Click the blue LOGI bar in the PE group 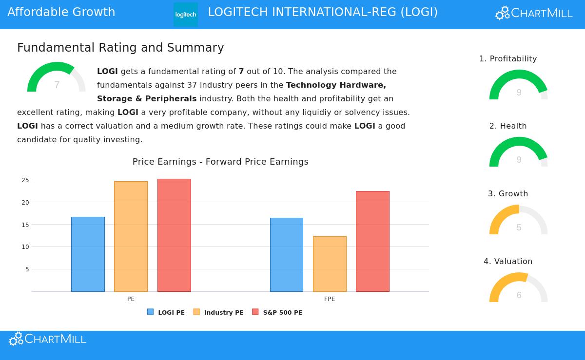point(88,254)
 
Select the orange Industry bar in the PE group point(131,236)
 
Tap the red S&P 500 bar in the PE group point(174,235)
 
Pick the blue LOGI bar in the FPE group point(287,255)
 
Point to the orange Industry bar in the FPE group point(330,264)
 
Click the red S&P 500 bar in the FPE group point(372,241)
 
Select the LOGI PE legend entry point(166,312)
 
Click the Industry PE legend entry point(218,312)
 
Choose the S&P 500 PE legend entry point(277,312)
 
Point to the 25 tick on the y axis point(25,180)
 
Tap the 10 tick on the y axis point(25,247)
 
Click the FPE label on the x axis point(330,299)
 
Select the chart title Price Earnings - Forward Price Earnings point(220,162)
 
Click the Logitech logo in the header point(186,14)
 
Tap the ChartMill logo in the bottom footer point(47,339)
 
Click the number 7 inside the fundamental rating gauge point(57,85)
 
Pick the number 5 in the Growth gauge point(519,227)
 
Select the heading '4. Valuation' point(508,262)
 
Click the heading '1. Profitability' point(508,59)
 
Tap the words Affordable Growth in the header point(61,12)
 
